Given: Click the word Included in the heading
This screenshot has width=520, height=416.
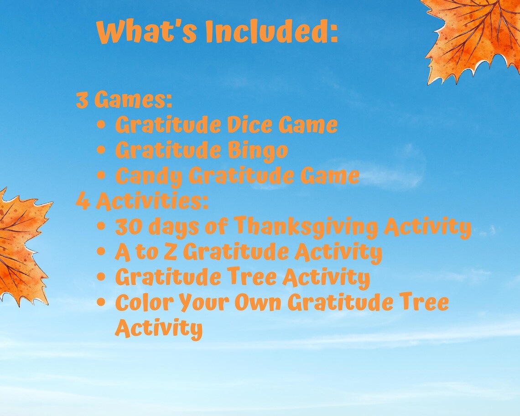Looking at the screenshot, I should coord(271,32).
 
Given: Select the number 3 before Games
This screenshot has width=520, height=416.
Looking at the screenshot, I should coord(82,100).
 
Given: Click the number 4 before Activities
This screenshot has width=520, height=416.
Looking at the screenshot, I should coord(83,201).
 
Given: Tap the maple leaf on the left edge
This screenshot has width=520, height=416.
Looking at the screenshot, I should coord(21,246).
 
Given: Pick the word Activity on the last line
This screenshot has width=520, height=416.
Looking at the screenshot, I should coord(158,328).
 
